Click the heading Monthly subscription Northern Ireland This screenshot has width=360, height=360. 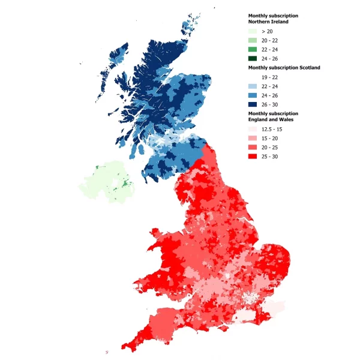[x=273, y=18]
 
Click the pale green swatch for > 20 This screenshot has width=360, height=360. [x=253, y=31]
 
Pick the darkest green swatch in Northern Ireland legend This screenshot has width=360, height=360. [x=253, y=58]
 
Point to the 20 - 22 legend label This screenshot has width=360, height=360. [x=269, y=40]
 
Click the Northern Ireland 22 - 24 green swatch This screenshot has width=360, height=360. [x=253, y=49]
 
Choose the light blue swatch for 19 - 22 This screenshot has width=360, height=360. [x=253, y=77]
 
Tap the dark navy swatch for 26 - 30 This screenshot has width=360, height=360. [x=253, y=104]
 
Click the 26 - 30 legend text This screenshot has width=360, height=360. [x=269, y=104]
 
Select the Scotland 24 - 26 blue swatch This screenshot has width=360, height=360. [x=253, y=95]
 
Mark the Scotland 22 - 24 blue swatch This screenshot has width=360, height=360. [x=253, y=86]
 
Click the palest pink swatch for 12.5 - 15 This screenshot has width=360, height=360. [x=253, y=129]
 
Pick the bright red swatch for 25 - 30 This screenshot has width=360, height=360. [x=253, y=157]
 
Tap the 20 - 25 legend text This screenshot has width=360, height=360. [x=269, y=148]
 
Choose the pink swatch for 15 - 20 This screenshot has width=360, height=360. [x=253, y=138]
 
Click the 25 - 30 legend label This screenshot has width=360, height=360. [x=269, y=157]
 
